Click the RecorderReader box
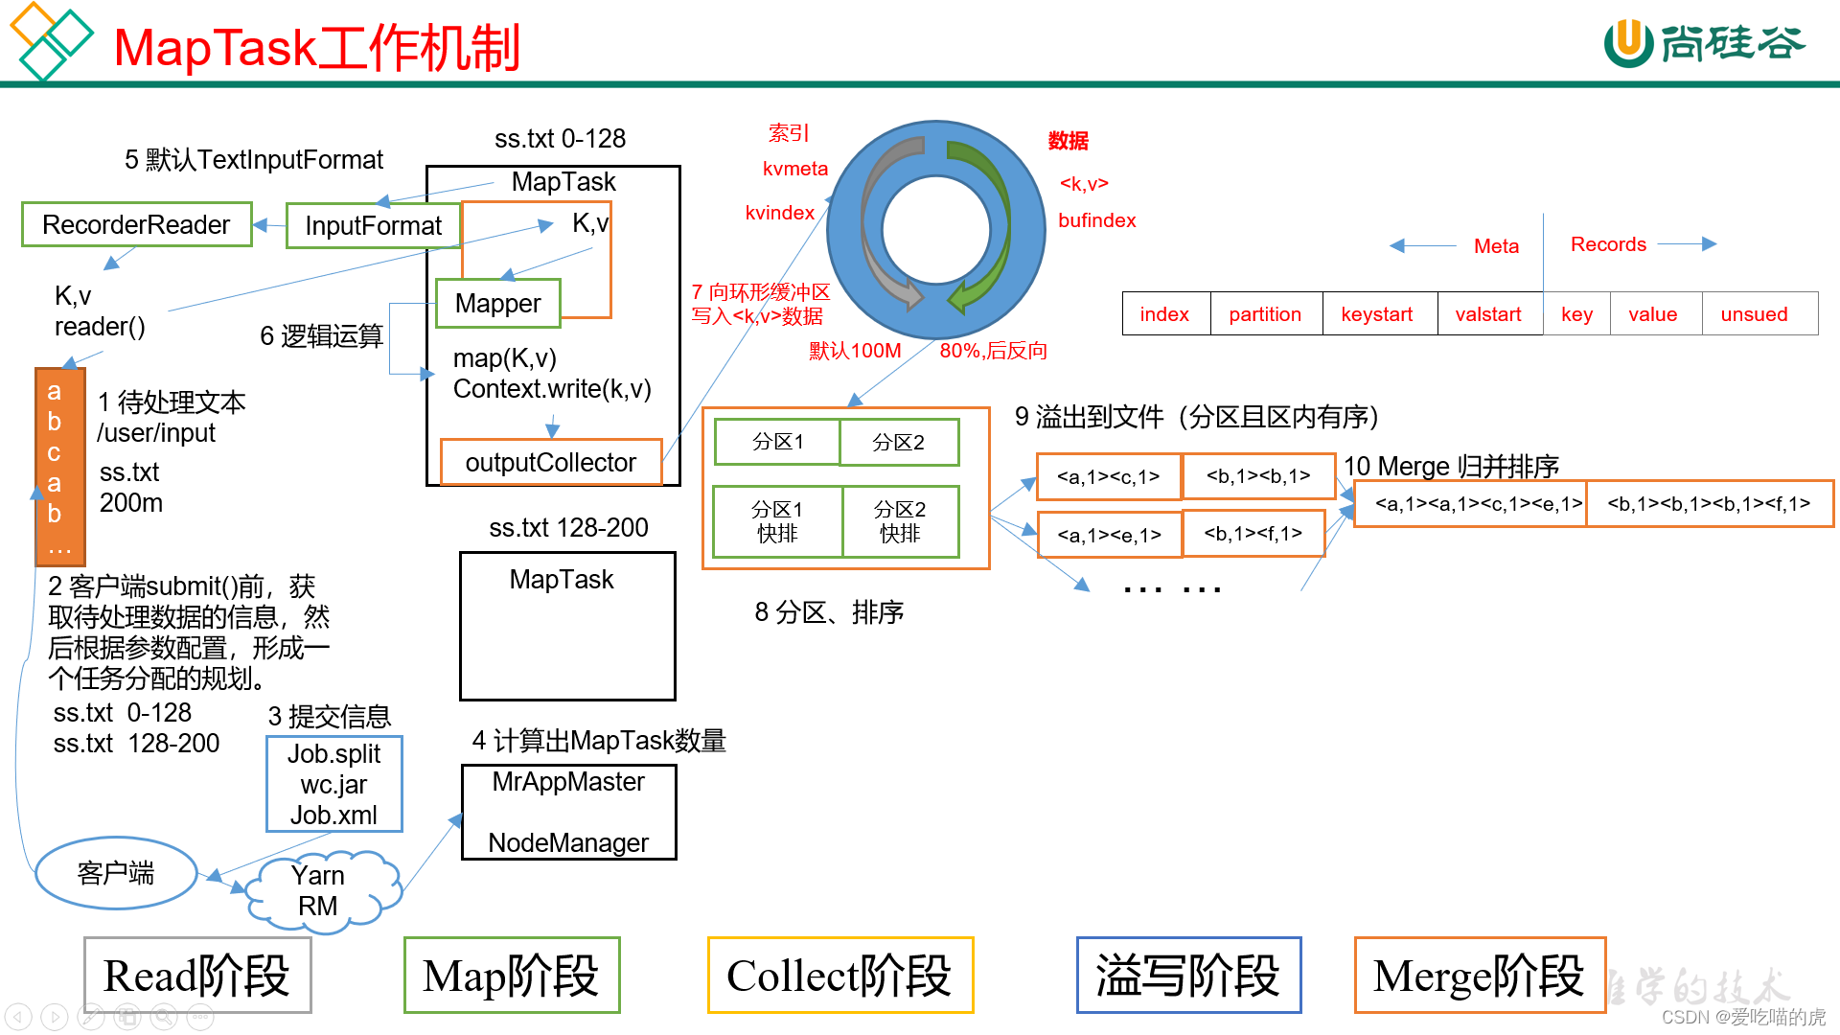pos(137,224)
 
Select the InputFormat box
pos(373,226)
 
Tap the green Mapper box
pos(497,303)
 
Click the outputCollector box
pos(550,462)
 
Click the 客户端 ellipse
pos(116,873)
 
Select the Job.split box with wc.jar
pos(333,784)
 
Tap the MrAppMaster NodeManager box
pos(568,812)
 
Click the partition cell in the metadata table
pos(1265,314)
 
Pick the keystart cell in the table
pos(1377,314)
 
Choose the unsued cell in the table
pos(1754,314)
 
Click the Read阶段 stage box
pos(197,976)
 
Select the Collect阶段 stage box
pos(839,976)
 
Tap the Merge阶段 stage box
pos(1479,976)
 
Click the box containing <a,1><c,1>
pos(1109,476)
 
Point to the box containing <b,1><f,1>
pos(1253,534)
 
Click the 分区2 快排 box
pos(900,521)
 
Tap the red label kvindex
pos(779,213)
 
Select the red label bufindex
pos(1096,220)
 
